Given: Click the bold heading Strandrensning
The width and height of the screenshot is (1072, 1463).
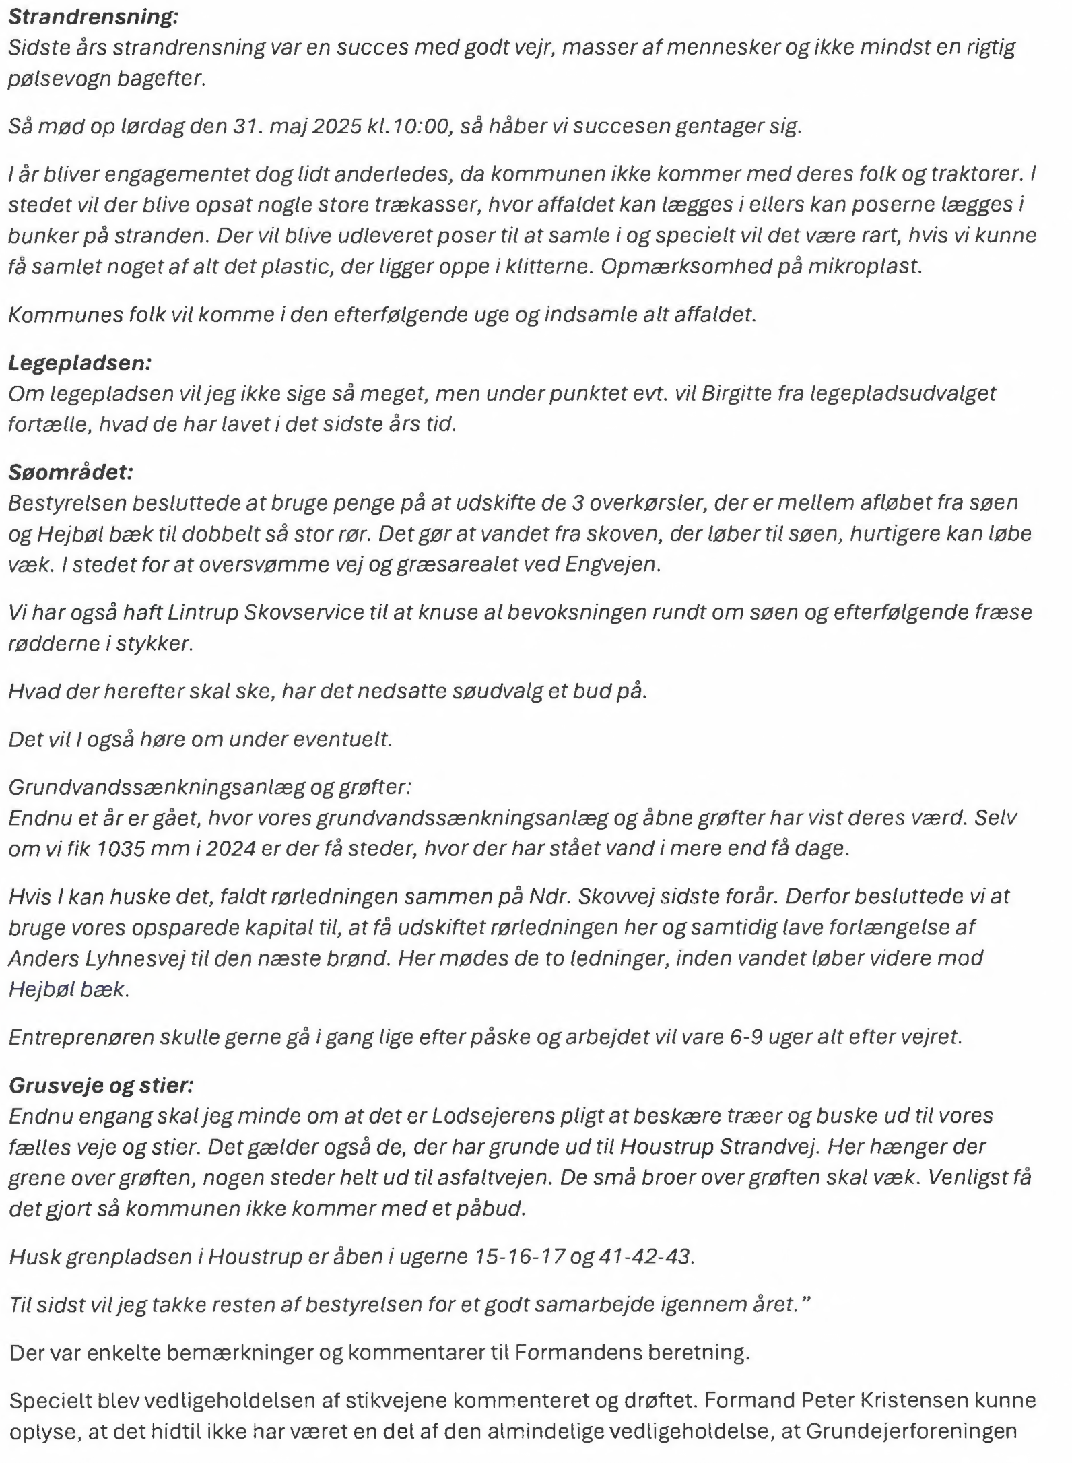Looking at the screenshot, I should [93, 17].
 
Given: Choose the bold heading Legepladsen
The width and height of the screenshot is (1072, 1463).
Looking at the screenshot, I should [79, 363].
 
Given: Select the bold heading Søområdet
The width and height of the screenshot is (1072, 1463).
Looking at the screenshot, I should [71, 472].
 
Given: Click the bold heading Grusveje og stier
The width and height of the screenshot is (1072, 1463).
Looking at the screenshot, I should [101, 1085].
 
